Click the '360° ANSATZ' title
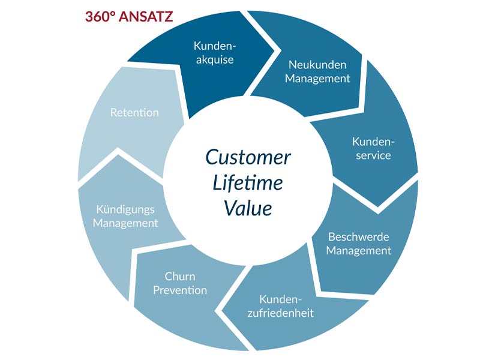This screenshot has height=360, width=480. pos(129,17)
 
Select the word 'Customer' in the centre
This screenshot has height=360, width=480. pos(248,157)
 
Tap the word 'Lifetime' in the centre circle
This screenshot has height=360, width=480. pos(247,183)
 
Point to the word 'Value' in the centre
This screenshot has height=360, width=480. pos(248,208)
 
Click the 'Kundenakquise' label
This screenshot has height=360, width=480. pos(215,53)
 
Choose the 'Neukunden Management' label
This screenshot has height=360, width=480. pos(317,71)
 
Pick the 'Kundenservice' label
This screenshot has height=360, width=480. pos(373,148)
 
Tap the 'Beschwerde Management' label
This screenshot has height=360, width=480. pos(358,244)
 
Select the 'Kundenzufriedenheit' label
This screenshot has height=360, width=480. pos(280,306)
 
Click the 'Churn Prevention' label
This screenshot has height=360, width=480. pos(180,283)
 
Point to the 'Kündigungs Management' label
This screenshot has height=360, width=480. pos(125,216)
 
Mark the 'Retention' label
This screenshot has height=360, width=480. pos(134,113)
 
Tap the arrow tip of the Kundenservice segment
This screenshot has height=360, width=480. pos(378,206)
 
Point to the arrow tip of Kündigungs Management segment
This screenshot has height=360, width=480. pos(118,155)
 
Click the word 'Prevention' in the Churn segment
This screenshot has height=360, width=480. pos(180,290)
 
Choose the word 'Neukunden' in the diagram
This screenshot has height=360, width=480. pos(317,65)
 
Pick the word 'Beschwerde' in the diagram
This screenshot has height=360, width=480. pos(358,237)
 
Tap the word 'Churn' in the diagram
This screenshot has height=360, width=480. pos(180,277)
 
